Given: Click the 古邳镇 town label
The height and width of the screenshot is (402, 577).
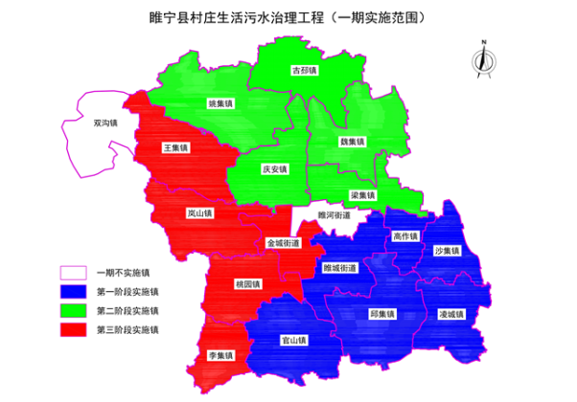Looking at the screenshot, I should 304,70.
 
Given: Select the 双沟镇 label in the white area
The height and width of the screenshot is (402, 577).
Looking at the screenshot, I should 104,123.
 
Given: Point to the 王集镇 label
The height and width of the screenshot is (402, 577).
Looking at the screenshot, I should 175,148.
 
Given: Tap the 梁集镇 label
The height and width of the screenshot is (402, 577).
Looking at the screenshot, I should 362,195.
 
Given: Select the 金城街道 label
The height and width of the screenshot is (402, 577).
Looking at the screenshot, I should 284,243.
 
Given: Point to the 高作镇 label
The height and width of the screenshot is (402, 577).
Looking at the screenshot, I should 405,235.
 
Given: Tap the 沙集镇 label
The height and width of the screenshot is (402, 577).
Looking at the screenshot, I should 447,251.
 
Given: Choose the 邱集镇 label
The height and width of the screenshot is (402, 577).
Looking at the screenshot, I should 382,313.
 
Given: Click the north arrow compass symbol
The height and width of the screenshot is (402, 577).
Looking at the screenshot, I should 484,56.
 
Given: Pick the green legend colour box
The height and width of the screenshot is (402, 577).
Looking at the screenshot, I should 77,310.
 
